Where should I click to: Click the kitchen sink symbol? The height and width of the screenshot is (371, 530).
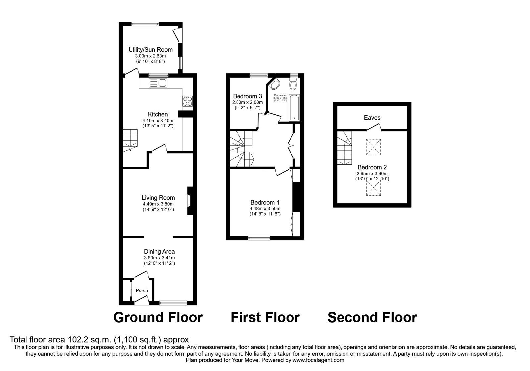pos(159,83)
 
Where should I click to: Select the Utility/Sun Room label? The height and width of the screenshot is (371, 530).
pos(150,50)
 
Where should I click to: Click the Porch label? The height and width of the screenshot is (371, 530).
pos(142,291)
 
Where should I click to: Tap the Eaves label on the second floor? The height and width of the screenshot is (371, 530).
pos(372,118)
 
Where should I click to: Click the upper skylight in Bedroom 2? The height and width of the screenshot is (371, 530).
pos(373,147)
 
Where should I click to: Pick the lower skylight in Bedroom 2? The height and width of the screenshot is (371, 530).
pos(373,187)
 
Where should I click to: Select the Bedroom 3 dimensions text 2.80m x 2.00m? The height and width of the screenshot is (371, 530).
pos(247,102)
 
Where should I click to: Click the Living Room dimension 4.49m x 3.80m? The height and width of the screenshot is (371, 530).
pos(158,204)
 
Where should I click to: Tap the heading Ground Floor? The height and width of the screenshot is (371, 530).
pos(158,317)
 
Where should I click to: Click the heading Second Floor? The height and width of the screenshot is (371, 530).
pos(372,317)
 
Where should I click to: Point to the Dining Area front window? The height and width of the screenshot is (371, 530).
pos(173,302)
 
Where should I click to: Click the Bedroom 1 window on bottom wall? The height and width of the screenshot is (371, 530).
pos(259,237)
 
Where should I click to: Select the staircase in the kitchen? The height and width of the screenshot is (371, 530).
pos(130,139)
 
